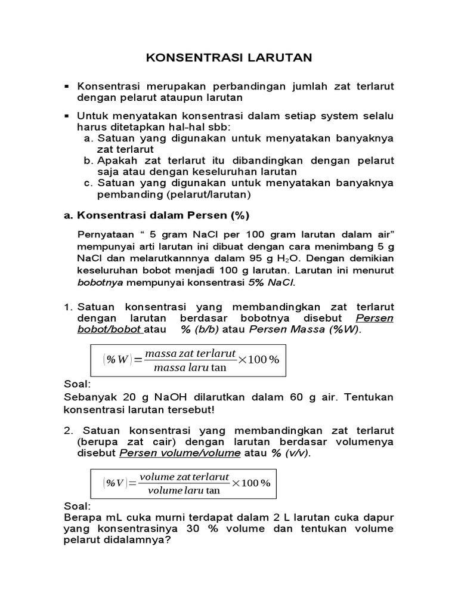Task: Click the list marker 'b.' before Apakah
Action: coord(89,161)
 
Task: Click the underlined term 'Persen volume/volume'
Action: coord(180,453)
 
